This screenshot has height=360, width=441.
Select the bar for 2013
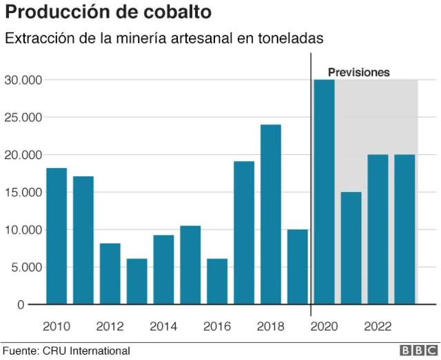136,281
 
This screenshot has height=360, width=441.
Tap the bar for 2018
271,214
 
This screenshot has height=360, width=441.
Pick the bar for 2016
217,281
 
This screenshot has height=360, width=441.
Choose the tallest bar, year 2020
324,192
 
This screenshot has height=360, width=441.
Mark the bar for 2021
351,248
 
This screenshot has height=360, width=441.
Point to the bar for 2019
298,266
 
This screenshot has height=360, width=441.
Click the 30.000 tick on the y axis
23,80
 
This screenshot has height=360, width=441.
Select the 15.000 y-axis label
23,192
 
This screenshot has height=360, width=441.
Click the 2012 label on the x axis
110,326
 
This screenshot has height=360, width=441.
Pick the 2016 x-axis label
218,326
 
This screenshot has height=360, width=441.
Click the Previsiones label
358,72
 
